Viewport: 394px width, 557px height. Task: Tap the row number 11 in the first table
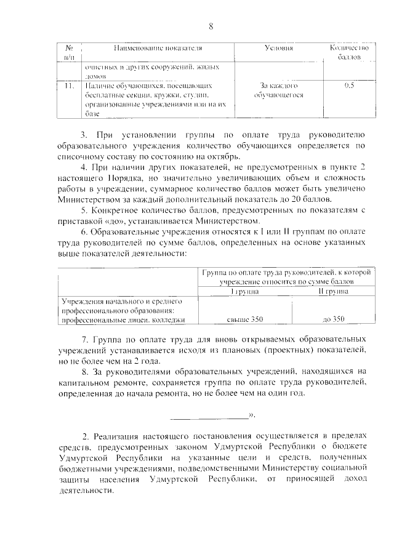[x=69, y=86]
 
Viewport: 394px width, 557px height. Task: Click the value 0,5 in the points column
[x=350, y=86]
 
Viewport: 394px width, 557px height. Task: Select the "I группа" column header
[x=245, y=292]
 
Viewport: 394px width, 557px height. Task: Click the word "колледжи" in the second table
[x=166, y=319]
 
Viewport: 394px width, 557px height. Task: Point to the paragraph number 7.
[x=85, y=339]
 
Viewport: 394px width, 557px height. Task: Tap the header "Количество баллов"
[x=349, y=52]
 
